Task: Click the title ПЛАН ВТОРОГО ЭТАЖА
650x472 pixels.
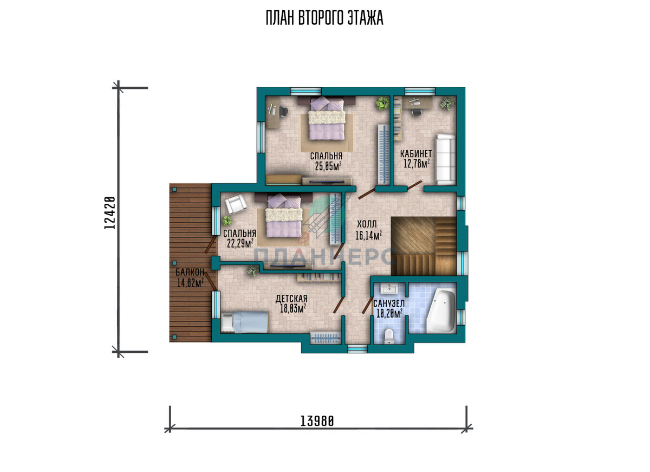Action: click(324, 18)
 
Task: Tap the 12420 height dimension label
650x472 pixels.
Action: click(109, 213)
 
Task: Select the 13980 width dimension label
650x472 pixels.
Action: click(317, 421)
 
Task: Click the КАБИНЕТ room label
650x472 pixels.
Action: click(416, 154)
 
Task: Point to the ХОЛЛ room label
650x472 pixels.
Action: click(367, 224)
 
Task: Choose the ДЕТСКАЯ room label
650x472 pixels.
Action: click(291, 299)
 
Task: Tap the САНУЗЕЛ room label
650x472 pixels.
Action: click(389, 303)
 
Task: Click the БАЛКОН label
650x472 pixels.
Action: click(190, 272)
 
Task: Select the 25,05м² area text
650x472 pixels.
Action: click(328, 166)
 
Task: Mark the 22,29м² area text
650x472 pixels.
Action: click(240, 243)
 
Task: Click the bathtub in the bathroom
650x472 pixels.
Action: click(441, 312)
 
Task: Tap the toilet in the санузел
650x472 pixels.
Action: click(388, 336)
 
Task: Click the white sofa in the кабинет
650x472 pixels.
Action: click(446, 159)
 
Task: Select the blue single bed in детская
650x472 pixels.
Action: click(244, 322)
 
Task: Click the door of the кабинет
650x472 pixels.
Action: click(414, 185)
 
